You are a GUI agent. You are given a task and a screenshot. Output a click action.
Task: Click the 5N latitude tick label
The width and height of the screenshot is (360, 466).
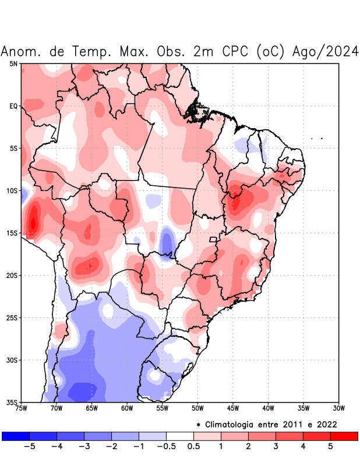pos(13,63)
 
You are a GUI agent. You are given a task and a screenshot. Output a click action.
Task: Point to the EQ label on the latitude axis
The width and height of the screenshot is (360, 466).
pos(13,106)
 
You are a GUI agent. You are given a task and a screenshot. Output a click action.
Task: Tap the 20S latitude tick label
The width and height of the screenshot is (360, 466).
pos(12,276)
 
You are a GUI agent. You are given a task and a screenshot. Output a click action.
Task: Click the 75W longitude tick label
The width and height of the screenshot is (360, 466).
pos(22,408)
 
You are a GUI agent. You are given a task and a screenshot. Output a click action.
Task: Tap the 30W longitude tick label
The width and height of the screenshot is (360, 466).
pos(338,408)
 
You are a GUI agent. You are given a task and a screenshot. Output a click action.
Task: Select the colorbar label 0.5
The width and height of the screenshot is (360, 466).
pos(193,446)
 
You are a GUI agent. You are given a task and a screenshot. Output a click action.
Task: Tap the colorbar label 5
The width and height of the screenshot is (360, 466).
pos(330,446)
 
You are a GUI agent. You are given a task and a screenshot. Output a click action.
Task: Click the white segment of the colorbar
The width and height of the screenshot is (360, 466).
pos(179,436)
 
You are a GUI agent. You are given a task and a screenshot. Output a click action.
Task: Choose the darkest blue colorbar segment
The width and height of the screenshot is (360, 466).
pos(16,436)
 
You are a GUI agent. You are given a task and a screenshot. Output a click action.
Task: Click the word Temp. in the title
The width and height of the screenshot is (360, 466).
pos(93,52)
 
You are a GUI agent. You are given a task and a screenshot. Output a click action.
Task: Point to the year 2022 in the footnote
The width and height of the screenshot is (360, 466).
pos(326,424)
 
